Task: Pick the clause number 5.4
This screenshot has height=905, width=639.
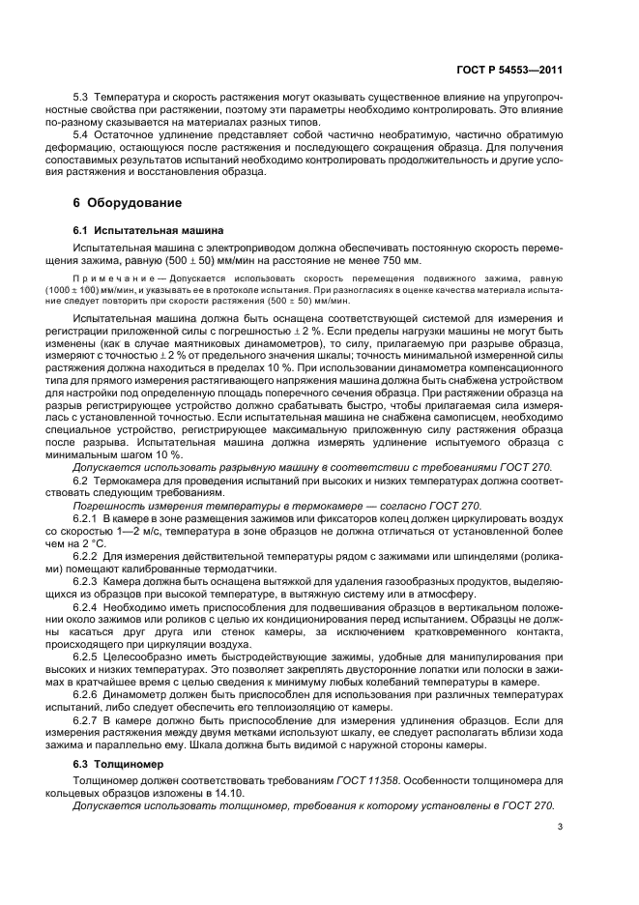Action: pyautogui.click(x=82, y=135)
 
